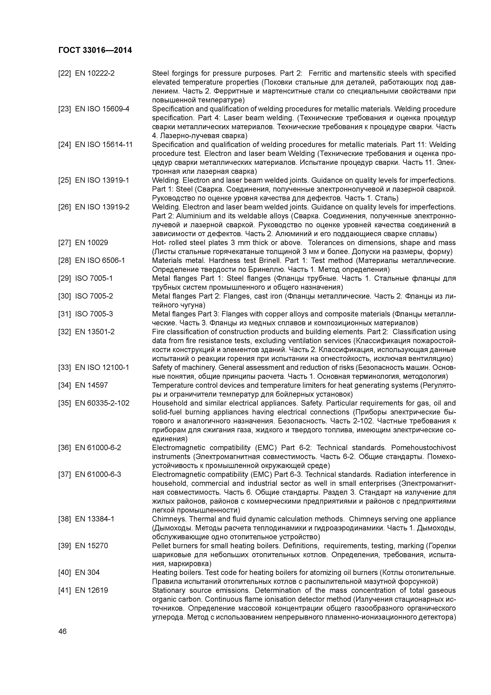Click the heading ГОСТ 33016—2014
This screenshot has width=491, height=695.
point(95,50)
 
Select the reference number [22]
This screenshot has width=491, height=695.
point(64,73)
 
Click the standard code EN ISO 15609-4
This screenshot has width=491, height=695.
point(102,109)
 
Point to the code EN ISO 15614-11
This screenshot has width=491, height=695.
point(104,145)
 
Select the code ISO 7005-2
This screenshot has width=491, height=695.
point(94,296)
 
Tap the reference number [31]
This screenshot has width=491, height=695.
point(64,314)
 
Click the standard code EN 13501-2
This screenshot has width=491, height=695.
point(95,332)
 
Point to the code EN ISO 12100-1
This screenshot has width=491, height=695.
point(102,368)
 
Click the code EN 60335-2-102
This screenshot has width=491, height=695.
point(102,404)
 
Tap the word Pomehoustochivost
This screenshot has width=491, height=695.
point(423,448)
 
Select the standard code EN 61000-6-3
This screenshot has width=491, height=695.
point(98,475)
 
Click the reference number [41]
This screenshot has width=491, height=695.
point(64,591)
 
